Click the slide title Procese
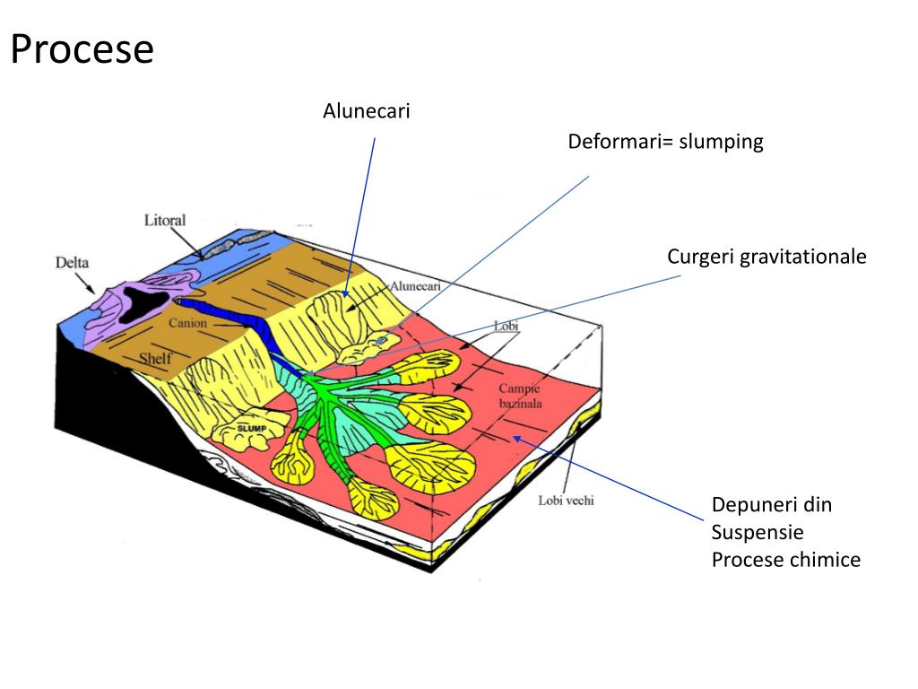82,49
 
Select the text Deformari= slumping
665,142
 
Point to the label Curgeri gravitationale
766,257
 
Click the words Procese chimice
785,560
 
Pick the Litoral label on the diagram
165,220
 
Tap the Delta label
73,263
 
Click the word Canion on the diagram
188,323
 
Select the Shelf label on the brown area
154,360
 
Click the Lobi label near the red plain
507,326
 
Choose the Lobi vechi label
565,501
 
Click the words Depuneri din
772,504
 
